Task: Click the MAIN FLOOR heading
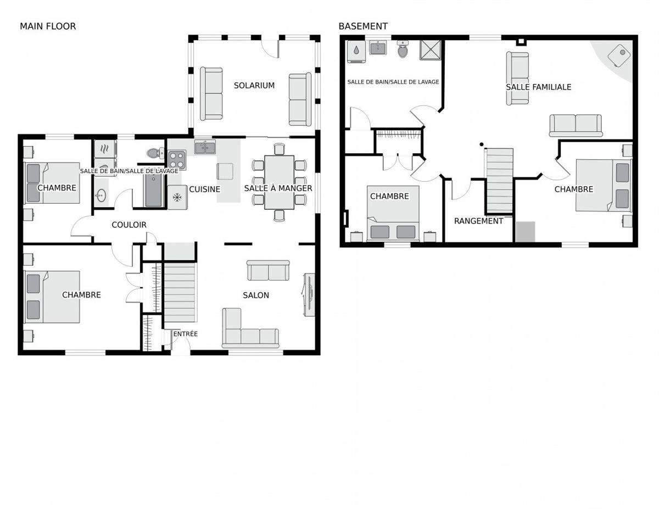(x=48, y=26)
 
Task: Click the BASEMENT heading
(x=363, y=26)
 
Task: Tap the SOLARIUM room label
(x=254, y=86)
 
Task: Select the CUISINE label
(x=205, y=189)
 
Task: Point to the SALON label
(x=256, y=295)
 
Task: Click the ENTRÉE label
(x=186, y=334)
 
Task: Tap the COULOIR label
(x=129, y=225)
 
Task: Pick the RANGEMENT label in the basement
(x=478, y=221)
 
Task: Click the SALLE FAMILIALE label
(x=539, y=87)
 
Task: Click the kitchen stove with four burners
(x=177, y=160)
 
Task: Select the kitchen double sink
(x=205, y=148)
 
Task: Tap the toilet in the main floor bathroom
(x=155, y=153)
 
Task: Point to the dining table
(x=279, y=182)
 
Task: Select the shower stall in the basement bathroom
(x=430, y=50)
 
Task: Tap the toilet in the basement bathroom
(x=403, y=49)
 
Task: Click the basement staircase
(x=500, y=181)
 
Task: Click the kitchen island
(x=228, y=171)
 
